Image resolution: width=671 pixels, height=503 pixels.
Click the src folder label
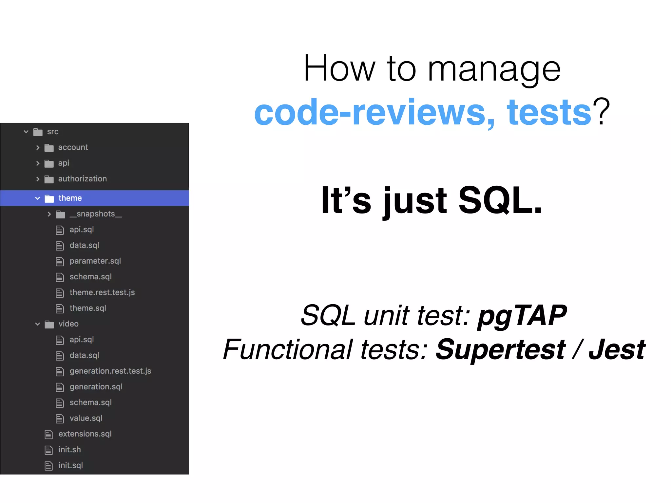(x=52, y=132)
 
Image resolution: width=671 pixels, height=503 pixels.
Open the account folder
(x=73, y=147)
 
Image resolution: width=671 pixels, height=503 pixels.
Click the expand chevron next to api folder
(x=38, y=163)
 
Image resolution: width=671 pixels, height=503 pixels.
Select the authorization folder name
(x=82, y=179)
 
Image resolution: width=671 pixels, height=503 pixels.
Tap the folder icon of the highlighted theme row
(x=49, y=198)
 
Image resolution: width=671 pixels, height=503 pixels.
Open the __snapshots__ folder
(x=95, y=214)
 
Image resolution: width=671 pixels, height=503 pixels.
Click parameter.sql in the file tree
(x=95, y=261)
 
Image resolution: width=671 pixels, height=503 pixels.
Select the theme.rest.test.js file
(x=102, y=292)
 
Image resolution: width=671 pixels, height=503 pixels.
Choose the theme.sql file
(x=87, y=308)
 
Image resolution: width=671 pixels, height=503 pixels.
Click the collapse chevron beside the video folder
(x=38, y=324)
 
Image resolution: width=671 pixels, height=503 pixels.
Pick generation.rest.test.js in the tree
(x=110, y=371)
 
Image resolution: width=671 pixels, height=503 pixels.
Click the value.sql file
(x=86, y=418)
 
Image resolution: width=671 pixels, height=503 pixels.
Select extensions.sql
(x=85, y=434)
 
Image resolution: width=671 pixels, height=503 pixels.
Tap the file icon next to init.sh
(x=48, y=450)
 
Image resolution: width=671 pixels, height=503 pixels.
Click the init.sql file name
(x=70, y=465)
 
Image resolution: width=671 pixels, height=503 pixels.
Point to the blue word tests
(x=549, y=112)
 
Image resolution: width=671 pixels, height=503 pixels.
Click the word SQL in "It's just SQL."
(x=500, y=200)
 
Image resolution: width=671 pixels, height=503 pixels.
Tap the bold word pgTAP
(x=522, y=315)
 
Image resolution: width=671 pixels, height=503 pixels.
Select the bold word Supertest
(x=500, y=349)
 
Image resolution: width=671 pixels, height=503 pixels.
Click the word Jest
(x=617, y=349)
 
